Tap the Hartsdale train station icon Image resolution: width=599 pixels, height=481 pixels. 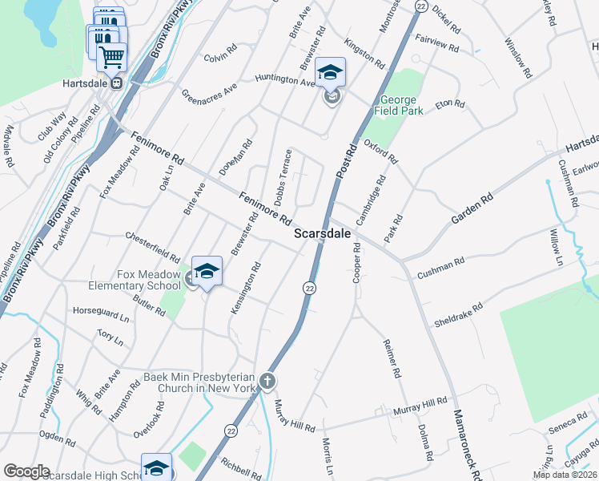[117, 83]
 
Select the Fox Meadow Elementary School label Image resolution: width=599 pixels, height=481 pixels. [149, 279]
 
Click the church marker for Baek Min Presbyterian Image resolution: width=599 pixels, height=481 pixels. [267, 382]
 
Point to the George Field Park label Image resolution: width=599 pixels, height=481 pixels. [399, 106]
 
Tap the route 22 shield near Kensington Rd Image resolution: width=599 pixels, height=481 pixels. [309, 288]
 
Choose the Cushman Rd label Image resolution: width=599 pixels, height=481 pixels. [441, 265]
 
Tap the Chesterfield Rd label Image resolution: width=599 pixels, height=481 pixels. [152, 247]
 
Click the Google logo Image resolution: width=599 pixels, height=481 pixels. [26, 471]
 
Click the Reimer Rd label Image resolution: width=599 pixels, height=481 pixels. [390, 358]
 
